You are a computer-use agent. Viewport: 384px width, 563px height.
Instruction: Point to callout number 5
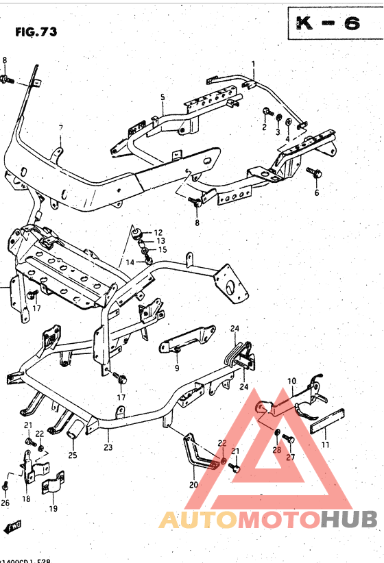[163, 98]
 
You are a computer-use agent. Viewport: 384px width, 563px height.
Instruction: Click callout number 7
[60, 128]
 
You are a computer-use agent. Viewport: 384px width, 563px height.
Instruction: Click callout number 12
[158, 232]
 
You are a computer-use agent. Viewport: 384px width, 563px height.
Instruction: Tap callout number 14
[130, 262]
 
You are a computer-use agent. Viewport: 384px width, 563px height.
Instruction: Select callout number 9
[176, 368]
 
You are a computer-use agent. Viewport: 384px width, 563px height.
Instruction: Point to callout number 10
[291, 381]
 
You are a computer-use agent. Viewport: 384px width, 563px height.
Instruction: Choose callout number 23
[108, 448]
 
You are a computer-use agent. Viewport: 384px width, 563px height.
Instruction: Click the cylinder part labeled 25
[75, 429]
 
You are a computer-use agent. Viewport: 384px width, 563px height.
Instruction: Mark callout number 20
[194, 485]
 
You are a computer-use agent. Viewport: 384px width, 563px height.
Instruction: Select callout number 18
[26, 499]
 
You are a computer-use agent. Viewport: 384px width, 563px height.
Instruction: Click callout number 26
[5, 503]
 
